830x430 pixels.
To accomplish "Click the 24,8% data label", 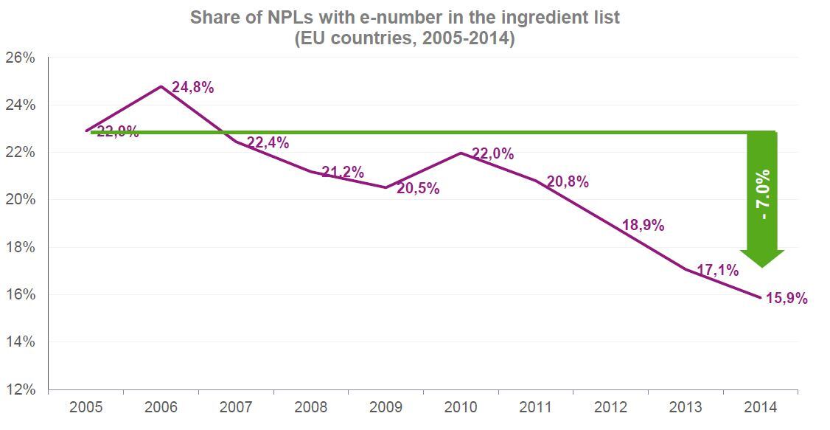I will (192, 88).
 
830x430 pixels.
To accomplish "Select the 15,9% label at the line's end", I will (787, 299).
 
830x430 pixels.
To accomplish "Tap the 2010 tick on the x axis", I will (461, 407).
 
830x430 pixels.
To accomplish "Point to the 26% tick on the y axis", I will (20, 58).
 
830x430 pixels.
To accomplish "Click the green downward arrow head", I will (761, 258).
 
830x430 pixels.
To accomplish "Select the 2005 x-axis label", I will (86, 407).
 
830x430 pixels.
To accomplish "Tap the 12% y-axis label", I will (20, 389).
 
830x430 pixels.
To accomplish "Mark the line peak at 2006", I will (161, 86).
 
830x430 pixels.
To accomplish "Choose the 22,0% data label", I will (493, 154).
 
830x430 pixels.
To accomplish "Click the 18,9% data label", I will (643, 226).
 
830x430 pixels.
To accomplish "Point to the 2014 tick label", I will (761, 407).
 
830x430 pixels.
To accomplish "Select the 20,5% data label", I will (418, 189).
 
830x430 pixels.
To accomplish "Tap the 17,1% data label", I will (718, 270).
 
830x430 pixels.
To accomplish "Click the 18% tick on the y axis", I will (20, 247).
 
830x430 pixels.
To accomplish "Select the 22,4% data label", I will (268, 143).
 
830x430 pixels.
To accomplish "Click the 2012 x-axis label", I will (610, 407).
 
